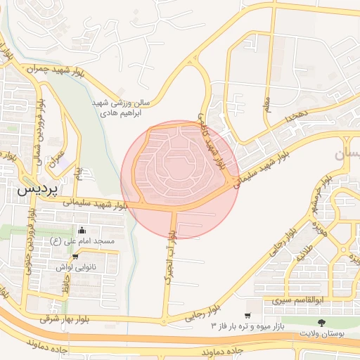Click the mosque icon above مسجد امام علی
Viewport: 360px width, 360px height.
[x=82, y=230]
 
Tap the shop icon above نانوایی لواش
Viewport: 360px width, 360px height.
[x=75, y=257]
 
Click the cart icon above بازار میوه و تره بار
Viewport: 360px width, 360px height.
[x=247, y=316]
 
